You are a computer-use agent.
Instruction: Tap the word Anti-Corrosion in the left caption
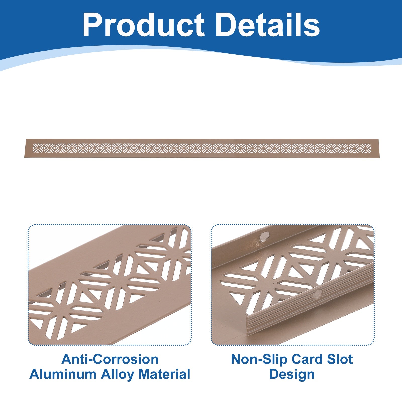click(x=110, y=359)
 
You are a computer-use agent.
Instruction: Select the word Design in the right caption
click(x=292, y=374)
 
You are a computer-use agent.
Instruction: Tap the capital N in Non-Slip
click(x=236, y=359)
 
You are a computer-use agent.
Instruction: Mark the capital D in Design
click(x=274, y=374)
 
